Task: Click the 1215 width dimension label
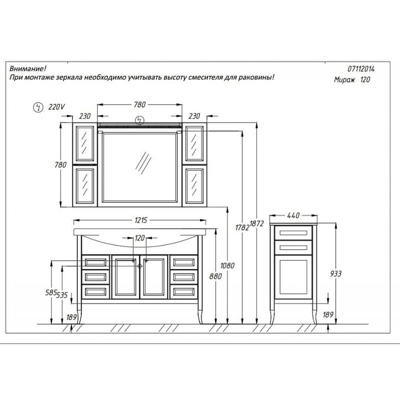pyautogui.click(x=141, y=220)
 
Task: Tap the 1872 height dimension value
pyautogui.click(x=256, y=223)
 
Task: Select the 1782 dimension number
pyautogui.click(x=242, y=227)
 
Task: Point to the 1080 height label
pyautogui.click(x=227, y=265)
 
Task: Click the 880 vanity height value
pyautogui.click(x=215, y=276)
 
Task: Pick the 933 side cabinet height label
pyautogui.click(x=335, y=273)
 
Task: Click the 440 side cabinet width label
pyautogui.click(x=293, y=215)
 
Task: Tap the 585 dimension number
pyautogui.click(x=50, y=292)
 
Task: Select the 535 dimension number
pyautogui.click(x=62, y=295)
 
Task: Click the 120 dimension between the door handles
pyautogui.click(x=140, y=238)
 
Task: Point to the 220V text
pyautogui.click(x=56, y=107)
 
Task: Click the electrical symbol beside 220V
pyautogui.click(x=38, y=107)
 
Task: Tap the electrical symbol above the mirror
pyautogui.click(x=140, y=120)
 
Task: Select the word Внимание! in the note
pyautogui.click(x=28, y=68)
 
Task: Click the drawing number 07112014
pyautogui.click(x=361, y=69)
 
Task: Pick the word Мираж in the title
pyautogui.click(x=344, y=80)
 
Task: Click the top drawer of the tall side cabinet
pyautogui.click(x=293, y=232)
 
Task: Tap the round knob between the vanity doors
pyautogui.click(x=139, y=266)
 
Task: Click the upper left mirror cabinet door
pyautogui.click(x=85, y=143)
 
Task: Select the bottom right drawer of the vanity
pyautogui.click(x=183, y=292)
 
